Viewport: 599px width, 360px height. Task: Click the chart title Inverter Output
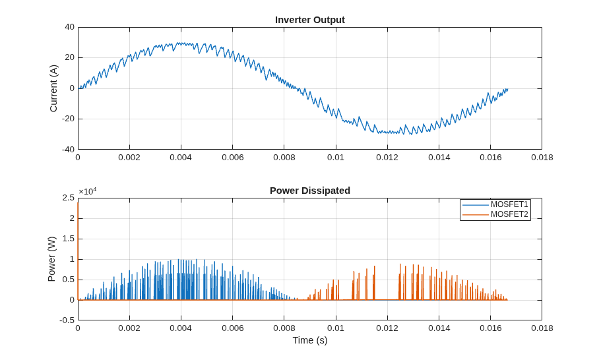click(x=310, y=20)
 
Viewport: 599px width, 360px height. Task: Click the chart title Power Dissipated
click(x=310, y=191)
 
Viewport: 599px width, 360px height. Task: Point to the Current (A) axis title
click(x=53, y=88)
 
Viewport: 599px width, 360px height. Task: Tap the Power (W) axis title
click(x=51, y=259)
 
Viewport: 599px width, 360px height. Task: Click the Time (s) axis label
click(x=310, y=340)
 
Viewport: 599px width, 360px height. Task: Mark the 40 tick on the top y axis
click(x=69, y=27)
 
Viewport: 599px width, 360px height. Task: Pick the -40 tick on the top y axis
click(x=68, y=150)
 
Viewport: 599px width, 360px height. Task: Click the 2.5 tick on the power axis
click(x=69, y=198)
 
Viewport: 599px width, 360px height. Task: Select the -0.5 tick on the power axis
click(x=67, y=320)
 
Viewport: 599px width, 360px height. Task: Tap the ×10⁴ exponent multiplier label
click(x=88, y=191)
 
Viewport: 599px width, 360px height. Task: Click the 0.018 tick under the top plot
click(x=542, y=158)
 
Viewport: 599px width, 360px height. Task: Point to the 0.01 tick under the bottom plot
click(x=336, y=328)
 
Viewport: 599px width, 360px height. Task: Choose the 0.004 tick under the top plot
click(x=181, y=158)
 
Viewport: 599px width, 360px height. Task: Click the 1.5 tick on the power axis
click(x=69, y=239)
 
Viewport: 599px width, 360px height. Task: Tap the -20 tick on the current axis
click(x=68, y=119)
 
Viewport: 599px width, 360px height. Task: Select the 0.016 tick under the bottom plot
click(x=491, y=328)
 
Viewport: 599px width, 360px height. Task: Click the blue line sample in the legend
click(x=476, y=205)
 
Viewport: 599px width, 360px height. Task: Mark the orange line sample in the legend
click(x=476, y=215)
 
